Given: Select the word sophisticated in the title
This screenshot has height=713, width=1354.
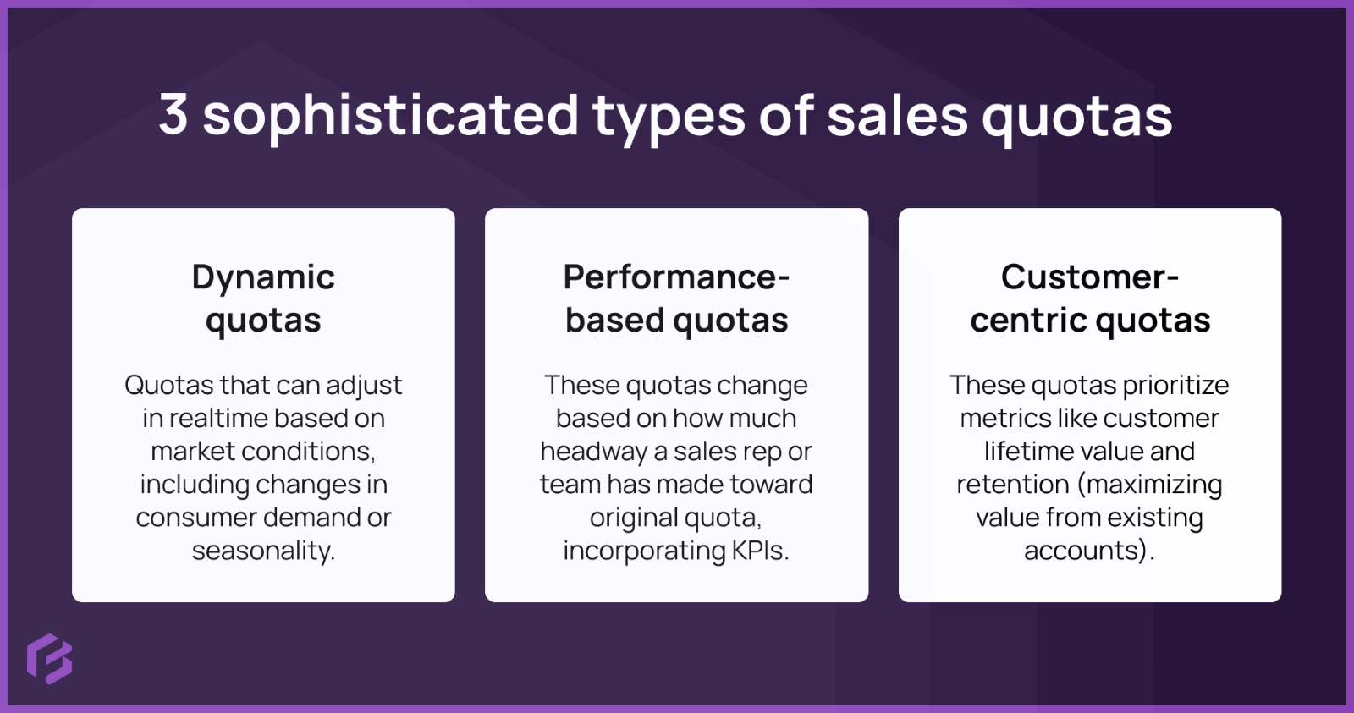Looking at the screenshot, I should click(x=390, y=116).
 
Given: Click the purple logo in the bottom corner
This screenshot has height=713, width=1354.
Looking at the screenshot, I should click(x=49, y=658).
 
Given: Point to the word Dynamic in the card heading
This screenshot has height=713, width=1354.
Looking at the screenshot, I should click(x=263, y=277).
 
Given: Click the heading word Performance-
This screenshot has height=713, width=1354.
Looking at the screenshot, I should click(x=676, y=277).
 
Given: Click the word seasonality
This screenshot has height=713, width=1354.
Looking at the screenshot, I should click(x=263, y=551).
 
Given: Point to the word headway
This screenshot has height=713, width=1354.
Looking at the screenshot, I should click(x=594, y=452).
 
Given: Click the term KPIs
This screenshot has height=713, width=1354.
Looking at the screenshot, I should click(x=760, y=551).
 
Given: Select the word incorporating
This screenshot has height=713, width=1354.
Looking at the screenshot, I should click(x=644, y=551).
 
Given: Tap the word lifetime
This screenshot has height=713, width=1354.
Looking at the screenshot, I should click(x=1023, y=451).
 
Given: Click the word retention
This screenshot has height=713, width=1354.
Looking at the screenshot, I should click(x=1013, y=484).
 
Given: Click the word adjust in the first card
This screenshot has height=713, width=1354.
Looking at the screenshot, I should click(x=364, y=386).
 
